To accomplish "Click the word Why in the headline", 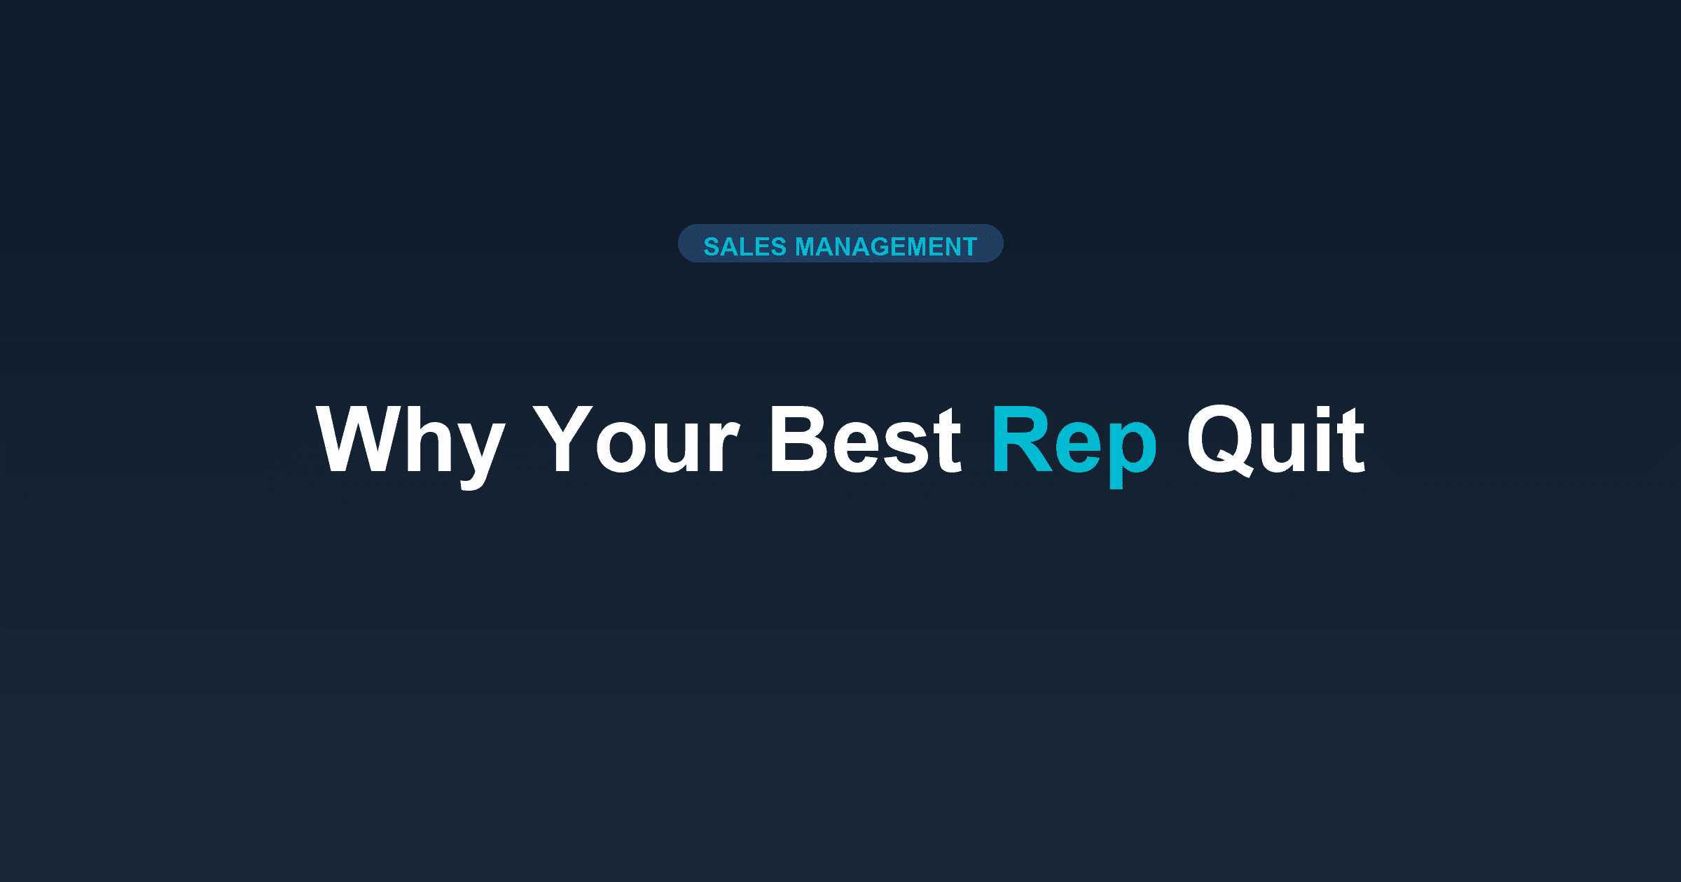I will [410, 441].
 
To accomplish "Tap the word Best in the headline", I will [865, 441].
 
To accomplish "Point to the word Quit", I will [1275, 441].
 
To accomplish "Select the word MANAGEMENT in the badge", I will [886, 246].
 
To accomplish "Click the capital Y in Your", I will [562, 440].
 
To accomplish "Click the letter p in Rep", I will [1132, 451].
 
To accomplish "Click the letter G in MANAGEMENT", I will [881, 246].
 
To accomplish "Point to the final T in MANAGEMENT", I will [969, 246].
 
